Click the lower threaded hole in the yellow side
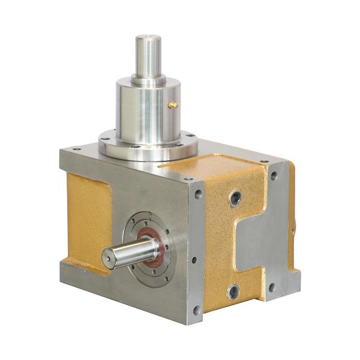click(x=233, y=292)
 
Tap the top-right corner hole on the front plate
click(x=197, y=194)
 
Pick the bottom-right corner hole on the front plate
click(x=196, y=310)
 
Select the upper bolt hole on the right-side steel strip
click(x=274, y=176)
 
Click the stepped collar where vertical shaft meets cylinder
click(x=147, y=79)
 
